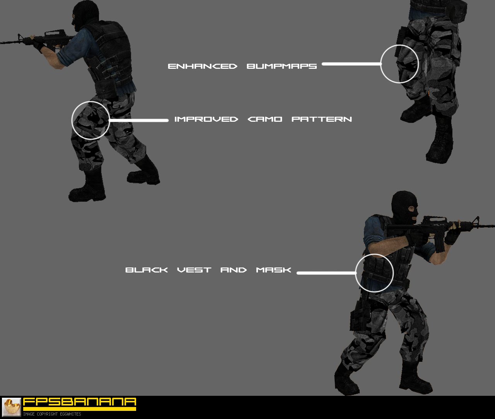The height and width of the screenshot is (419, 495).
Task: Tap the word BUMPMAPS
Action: point(282,66)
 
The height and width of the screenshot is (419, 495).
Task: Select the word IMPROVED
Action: point(206,119)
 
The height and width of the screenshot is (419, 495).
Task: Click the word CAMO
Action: point(265,119)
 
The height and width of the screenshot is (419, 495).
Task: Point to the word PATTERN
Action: point(321,119)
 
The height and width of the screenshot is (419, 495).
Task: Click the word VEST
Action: point(194,270)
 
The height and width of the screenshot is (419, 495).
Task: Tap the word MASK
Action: point(273,270)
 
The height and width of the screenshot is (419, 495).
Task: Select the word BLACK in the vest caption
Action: point(147,270)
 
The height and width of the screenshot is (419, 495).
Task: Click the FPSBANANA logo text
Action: point(80,402)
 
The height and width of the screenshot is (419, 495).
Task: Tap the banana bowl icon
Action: point(12,407)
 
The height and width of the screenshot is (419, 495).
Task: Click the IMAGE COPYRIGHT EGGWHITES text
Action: point(52,414)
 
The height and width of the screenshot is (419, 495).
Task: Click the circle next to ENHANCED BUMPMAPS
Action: point(399,64)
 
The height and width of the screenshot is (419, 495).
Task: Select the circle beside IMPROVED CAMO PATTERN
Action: point(90,120)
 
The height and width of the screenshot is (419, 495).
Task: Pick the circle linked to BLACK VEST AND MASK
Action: point(374,273)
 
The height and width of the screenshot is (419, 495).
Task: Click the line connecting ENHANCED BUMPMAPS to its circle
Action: point(351,64)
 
